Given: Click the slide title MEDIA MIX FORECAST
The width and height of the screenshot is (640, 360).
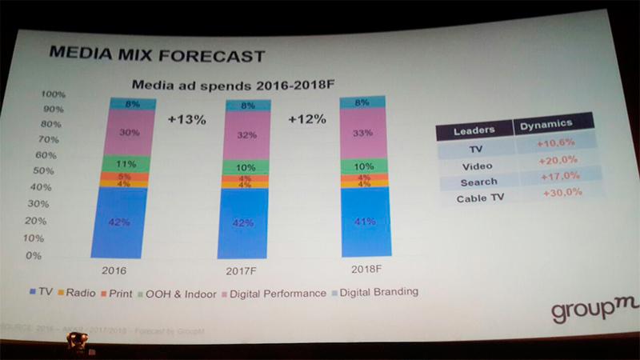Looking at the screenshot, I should pos(156,54).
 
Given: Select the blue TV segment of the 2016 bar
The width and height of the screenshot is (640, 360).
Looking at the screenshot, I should pos(119,222).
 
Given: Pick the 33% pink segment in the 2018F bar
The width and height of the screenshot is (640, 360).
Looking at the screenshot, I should pos(363,134).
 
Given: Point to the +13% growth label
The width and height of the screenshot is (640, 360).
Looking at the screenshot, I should pos(187,120).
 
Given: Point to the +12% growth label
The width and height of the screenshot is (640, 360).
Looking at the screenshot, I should pos(306,119).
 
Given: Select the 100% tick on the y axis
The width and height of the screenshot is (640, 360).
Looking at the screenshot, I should pos(54,94).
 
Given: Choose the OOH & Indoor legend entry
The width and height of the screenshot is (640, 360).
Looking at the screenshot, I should pos(180,293).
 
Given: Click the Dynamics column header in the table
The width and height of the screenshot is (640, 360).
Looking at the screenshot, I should pos(546,124).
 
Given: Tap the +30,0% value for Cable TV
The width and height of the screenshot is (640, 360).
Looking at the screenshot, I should pos(562,193).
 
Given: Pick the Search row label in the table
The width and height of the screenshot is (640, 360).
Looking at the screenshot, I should pos(478,182).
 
